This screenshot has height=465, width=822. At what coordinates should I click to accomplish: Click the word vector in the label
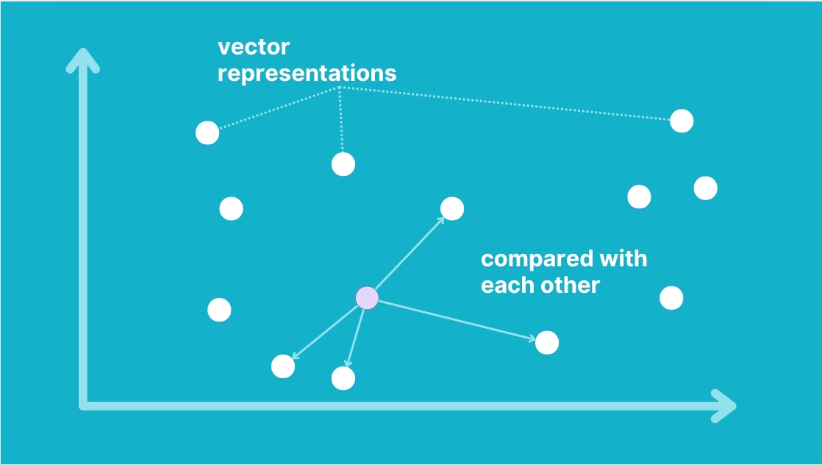[253, 47]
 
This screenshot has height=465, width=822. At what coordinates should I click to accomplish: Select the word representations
[307, 74]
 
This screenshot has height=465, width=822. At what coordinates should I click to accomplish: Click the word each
[504, 285]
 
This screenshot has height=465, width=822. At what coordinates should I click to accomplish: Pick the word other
[567, 285]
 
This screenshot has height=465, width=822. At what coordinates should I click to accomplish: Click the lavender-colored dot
[367, 298]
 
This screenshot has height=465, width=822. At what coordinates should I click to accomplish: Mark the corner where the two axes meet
[83, 405]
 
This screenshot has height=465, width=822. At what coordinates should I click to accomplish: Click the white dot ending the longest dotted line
[682, 121]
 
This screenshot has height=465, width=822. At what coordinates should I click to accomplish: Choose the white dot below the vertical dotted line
[343, 164]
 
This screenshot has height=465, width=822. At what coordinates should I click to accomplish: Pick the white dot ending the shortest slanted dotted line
[207, 132]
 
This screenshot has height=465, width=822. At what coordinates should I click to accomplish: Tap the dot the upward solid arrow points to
[452, 209]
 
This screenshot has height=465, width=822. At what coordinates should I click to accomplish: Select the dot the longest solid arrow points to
[547, 343]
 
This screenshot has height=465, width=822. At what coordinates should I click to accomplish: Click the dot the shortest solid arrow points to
[343, 378]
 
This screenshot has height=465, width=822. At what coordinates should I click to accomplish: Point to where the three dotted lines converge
[340, 87]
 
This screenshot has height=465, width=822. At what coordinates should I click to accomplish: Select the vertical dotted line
[340, 120]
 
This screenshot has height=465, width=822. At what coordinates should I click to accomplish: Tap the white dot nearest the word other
[547, 343]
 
